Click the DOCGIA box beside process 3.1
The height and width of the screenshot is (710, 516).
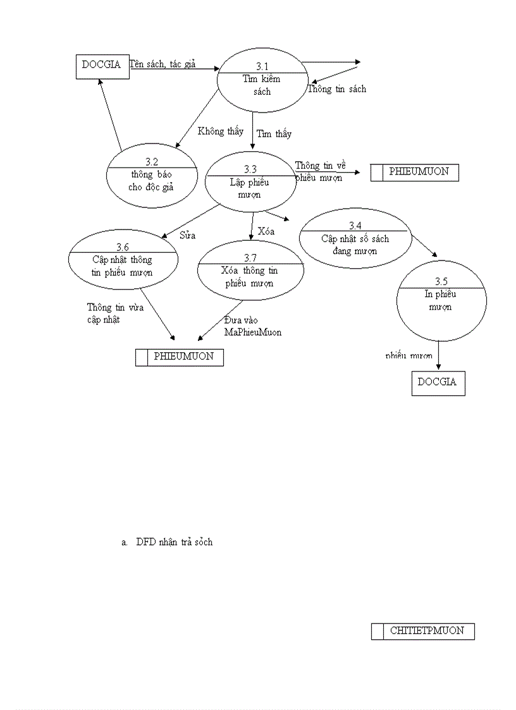click(x=102, y=65)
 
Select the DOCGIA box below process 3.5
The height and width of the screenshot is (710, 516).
click(x=438, y=383)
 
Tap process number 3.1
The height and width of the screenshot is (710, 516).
click(x=262, y=66)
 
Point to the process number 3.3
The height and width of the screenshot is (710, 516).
click(x=250, y=169)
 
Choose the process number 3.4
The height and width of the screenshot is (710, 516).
click(x=355, y=226)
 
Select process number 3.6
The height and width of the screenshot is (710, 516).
click(x=123, y=247)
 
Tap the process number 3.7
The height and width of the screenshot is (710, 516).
click(x=251, y=258)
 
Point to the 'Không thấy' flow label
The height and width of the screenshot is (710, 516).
click(x=220, y=132)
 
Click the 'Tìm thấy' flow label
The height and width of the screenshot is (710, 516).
click(x=274, y=134)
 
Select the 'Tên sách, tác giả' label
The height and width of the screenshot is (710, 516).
click(x=163, y=64)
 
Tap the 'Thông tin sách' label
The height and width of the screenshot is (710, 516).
click(x=336, y=89)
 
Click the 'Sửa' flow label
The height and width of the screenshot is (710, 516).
click(x=188, y=235)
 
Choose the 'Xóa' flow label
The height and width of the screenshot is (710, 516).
click(x=266, y=231)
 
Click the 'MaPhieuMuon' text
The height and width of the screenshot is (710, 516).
click(x=253, y=333)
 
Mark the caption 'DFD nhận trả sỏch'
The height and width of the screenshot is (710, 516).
click(x=174, y=542)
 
